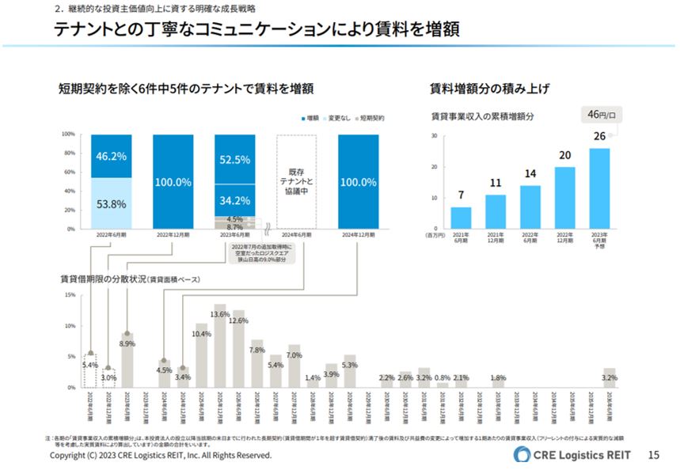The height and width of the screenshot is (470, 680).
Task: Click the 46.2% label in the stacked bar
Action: click(x=112, y=157)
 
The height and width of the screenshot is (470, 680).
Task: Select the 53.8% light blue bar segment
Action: click(x=112, y=203)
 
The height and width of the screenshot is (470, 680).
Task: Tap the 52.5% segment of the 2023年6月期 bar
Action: click(x=235, y=159)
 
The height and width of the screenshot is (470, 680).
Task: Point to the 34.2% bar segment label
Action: click(x=235, y=200)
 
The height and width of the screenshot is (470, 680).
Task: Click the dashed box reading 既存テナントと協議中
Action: click(x=297, y=181)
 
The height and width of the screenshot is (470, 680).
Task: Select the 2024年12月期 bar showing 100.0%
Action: click(x=358, y=181)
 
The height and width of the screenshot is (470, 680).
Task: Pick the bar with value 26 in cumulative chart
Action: click(x=599, y=188)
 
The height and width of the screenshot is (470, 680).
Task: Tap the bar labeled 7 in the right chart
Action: click(x=461, y=218)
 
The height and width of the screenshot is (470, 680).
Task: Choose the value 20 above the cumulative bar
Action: click(x=564, y=156)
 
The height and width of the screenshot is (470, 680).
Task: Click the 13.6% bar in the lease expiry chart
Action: click(x=220, y=346)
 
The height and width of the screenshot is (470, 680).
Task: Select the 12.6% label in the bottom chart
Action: click(x=238, y=320)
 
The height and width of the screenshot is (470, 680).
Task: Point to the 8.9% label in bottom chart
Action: click(x=127, y=344)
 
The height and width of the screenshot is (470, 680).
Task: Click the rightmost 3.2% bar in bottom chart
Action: click(x=609, y=377)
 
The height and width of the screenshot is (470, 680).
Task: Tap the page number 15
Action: click(x=653, y=455)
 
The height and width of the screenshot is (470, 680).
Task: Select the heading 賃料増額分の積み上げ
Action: click(x=489, y=89)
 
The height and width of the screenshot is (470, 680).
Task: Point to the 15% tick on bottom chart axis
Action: click(x=70, y=294)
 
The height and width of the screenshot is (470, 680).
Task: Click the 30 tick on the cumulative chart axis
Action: click(x=434, y=135)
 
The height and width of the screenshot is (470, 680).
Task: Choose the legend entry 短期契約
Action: click(x=369, y=118)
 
